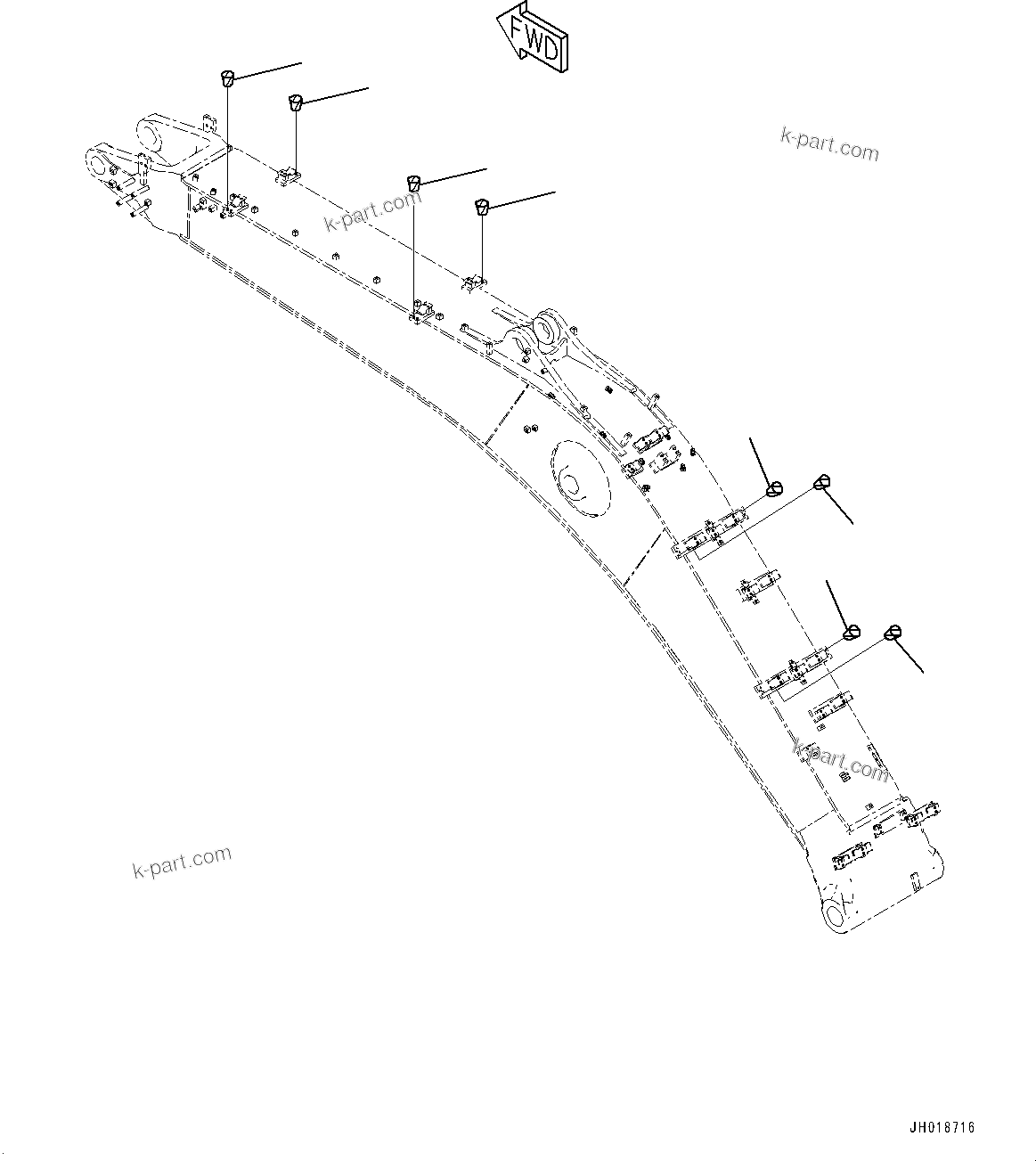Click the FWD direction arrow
(x=533, y=38)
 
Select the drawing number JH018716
(x=941, y=1127)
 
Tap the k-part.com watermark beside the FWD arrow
(x=828, y=144)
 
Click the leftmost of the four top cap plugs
(x=228, y=78)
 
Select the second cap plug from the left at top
(x=297, y=102)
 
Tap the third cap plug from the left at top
(x=414, y=183)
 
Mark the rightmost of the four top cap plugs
(x=482, y=207)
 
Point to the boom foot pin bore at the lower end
(x=837, y=915)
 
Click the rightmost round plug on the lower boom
(x=893, y=633)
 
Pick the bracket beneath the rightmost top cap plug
(x=473, y=282)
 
